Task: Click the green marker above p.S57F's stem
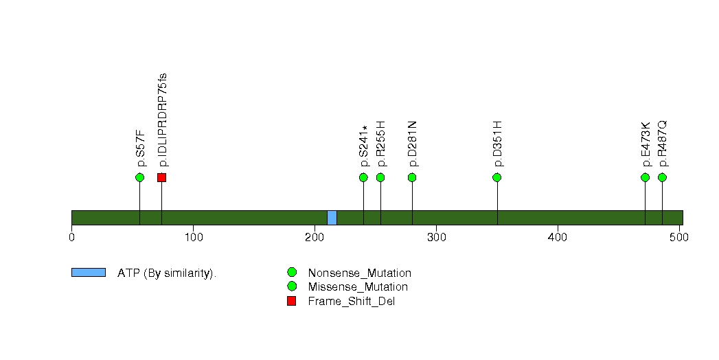[140, 177]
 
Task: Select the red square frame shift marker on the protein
[161, 177]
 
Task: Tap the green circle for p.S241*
[364, 177]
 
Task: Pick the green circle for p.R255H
[380, 177]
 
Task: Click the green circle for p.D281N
[412, 177]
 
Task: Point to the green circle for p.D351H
[497, 177]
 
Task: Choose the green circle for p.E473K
[645, 177]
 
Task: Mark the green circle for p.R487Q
[662, 177]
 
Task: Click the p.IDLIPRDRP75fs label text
[162, 120]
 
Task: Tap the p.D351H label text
[497, 144]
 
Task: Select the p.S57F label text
[141, 148]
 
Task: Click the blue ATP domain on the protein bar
[332, 218]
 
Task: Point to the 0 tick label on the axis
[71, 237]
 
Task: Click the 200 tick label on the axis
[315, 237]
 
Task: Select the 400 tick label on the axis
[558, 237]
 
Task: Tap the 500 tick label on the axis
[679, 237]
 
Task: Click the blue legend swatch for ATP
[89, 273]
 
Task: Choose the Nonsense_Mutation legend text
[360, 273]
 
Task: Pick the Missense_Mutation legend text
[358, 286]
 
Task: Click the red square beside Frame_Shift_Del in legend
[291, 301]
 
